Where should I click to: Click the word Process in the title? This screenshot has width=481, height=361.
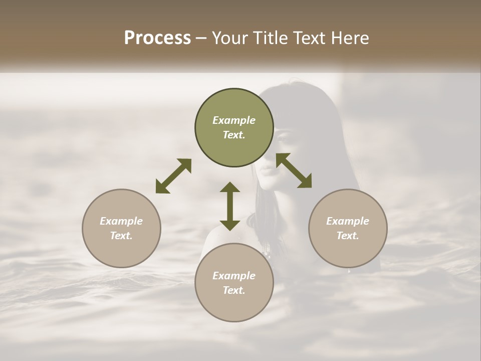(x=157, y=38)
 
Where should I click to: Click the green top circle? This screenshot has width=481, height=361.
(x=234, y=128)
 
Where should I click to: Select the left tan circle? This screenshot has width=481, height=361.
(x=121, y=228)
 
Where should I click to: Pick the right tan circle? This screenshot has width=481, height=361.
(x=348, y=228)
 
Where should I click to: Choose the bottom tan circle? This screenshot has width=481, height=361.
(x=234, y=283)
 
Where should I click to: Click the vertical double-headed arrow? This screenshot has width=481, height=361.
(x=230, y=206)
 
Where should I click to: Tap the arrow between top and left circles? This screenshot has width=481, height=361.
(x=173, y=176)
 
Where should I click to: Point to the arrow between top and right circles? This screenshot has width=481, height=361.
(x=294, y=170)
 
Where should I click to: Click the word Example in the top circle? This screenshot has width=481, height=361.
(x=234, y=120)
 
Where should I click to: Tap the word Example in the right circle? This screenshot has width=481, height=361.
(x=348, y=221)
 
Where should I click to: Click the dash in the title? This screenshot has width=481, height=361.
(x=201, y=38)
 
